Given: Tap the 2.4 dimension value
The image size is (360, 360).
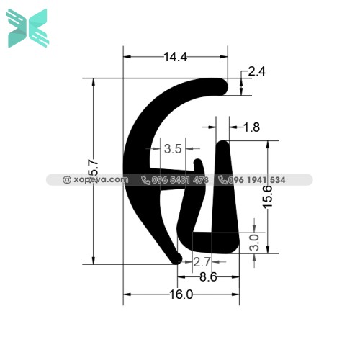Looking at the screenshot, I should [x=257, y=71].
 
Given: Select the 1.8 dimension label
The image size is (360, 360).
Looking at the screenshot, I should [x=251, y=128].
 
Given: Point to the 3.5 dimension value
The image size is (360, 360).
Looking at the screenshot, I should [x=173, y=150].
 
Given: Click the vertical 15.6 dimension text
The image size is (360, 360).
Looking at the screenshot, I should [x=268, y=197].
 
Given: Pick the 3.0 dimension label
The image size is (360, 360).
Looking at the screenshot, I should [x=254, y=241].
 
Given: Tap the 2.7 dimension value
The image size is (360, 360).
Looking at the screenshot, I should [x=202, y=261].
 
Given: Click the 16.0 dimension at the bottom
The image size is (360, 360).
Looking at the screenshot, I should [x=181, y=294].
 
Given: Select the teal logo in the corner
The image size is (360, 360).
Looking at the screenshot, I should [x=27, y=28].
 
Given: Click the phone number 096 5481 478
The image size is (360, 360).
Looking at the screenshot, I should [x=180, y=180].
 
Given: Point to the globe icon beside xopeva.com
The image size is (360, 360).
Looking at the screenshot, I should [x=67, y=180].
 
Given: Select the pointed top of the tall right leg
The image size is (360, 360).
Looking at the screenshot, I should [x=223, y=146].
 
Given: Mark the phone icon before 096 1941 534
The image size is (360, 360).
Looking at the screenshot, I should [x=222, y=180].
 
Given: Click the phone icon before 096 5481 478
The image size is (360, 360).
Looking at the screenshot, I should [x=145, y=180].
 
